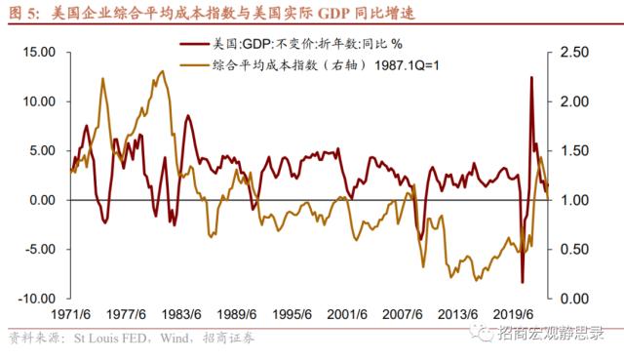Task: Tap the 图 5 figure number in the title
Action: (x=24, y=13)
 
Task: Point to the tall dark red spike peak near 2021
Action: (x=531, y=77)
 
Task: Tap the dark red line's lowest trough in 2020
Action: (x=523, y=282)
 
